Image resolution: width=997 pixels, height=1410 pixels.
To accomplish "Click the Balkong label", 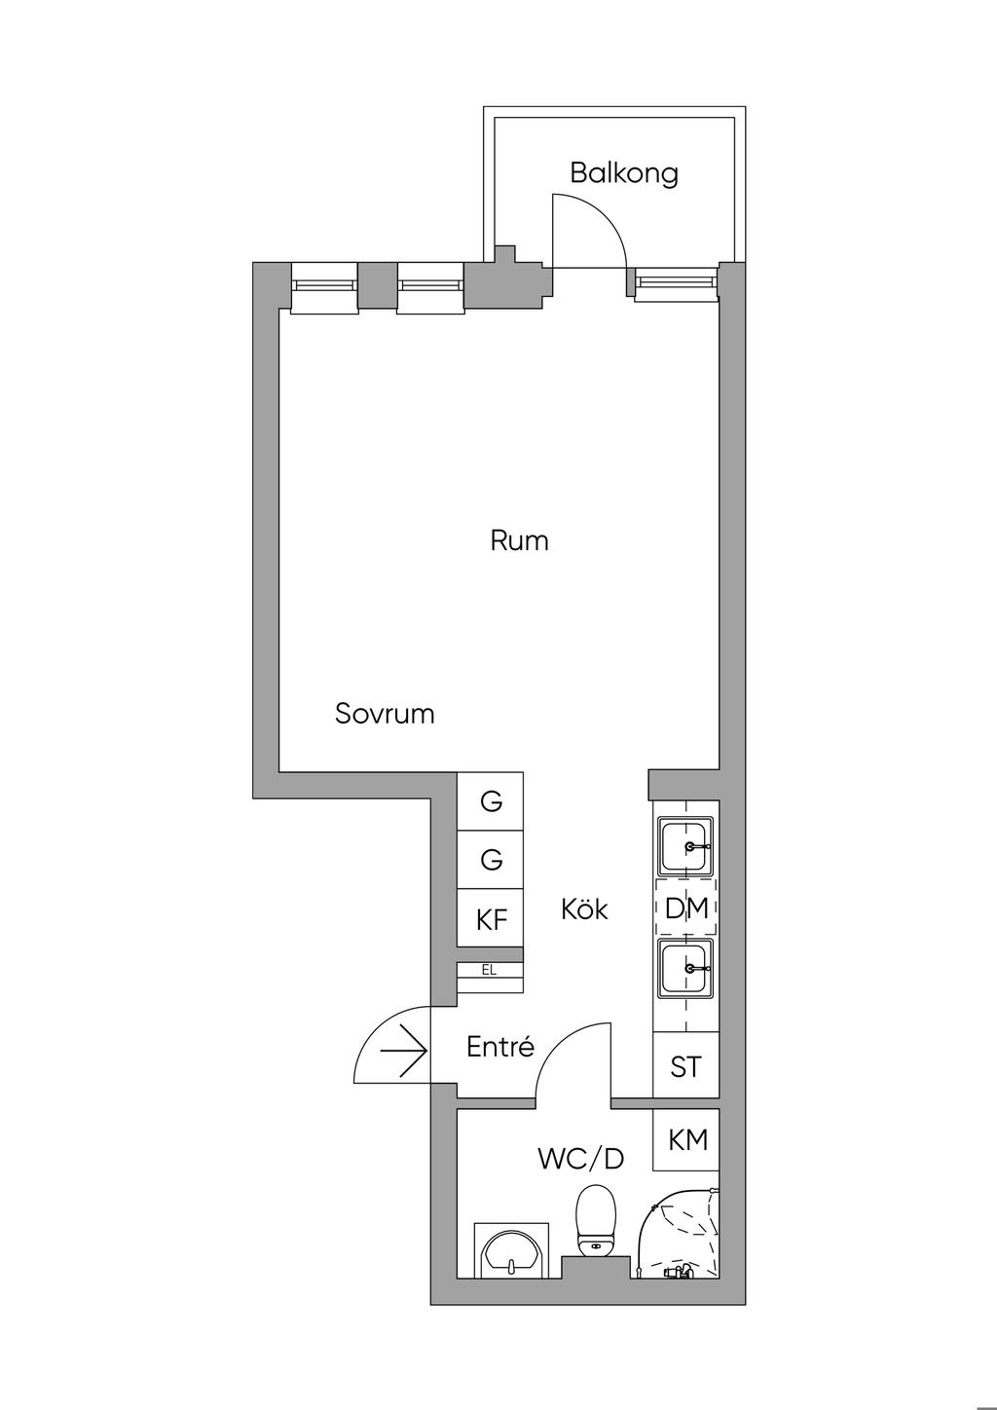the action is (624, 173).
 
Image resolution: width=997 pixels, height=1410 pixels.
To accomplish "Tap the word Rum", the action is (519, 540).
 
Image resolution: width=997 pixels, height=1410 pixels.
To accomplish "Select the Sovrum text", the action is (385, 714).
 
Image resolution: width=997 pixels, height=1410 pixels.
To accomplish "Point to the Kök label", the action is (584, 909).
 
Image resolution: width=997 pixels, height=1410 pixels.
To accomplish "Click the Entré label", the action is (500, 1046).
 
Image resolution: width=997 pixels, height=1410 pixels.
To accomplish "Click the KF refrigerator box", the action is (491, 917).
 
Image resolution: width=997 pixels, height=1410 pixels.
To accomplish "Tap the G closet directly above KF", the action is (491, 859).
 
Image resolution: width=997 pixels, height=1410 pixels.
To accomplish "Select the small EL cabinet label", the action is (489, 970).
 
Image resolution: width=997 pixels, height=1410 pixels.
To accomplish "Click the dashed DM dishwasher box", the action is (686, 908).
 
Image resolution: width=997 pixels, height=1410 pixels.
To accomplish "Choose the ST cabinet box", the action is (686, 1066).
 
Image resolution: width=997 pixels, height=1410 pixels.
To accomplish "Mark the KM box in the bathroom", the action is (686, 1140).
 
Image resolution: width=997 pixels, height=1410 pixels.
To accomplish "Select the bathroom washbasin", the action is (510, 1249).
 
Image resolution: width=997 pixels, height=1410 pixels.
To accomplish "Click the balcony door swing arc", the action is (604, 214).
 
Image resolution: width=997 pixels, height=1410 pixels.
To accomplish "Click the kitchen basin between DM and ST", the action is (686, 969).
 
